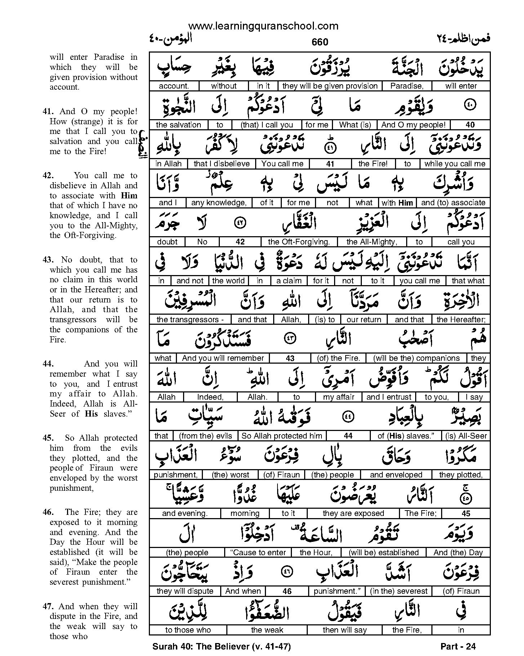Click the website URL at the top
tap(263, 26)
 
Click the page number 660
tap(320, 42)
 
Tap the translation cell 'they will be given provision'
tap(330, 86)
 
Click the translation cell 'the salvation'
tap(178, 125)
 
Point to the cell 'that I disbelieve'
tap(221, 164)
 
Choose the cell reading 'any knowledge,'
tap(219, 203)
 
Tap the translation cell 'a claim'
tap(289, 281)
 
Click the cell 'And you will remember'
tap(223, 358)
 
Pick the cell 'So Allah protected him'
tap(281, 436)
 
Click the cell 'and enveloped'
tap(396, 475)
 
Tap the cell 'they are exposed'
tap(353, 513)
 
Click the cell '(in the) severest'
tap(398, 591)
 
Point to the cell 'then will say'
tap(345, 630)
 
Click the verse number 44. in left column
tap(48, 364)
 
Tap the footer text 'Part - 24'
tap(458, 647)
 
